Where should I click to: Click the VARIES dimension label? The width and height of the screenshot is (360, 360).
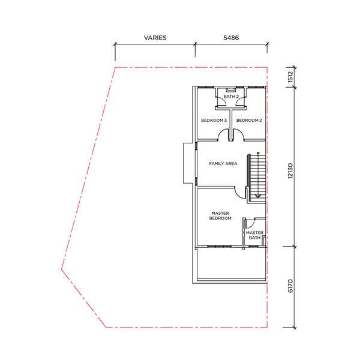point(155,38)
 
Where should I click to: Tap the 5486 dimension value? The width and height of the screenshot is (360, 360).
point(231,38)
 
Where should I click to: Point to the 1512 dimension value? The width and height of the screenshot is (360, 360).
point(290,77)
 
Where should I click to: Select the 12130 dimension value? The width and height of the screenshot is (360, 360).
point(290,171)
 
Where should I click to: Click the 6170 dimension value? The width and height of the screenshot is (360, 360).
point(290,286)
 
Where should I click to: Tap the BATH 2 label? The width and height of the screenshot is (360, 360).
point(231,97)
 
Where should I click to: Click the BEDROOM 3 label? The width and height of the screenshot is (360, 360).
point(214,121)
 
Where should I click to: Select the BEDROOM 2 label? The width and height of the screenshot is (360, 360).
point(249,121)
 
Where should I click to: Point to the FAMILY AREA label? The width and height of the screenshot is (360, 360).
point(223,164)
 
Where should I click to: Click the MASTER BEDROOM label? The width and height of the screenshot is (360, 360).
point(220,215)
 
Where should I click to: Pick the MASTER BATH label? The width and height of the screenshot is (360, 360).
point(254,235)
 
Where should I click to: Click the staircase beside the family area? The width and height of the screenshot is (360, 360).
point(256,178)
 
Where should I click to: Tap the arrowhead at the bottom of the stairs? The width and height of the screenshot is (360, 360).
point(258,196)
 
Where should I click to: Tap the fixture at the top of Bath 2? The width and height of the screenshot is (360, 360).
point(231,89)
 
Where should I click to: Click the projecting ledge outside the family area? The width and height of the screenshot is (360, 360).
point(188,163)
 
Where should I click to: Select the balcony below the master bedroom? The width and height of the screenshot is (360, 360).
point(232,264)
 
